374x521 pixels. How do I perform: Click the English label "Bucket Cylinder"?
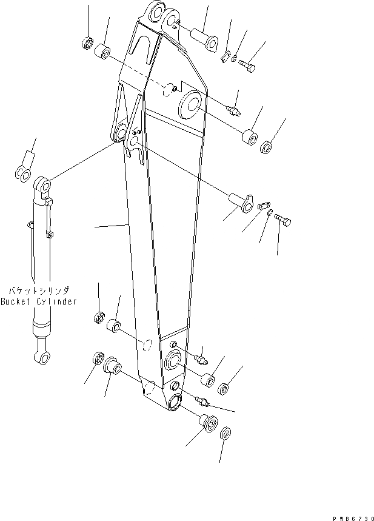point(38,301)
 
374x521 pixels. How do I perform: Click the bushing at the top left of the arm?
point(105,52)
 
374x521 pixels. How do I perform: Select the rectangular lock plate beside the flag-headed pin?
point(262,207)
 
